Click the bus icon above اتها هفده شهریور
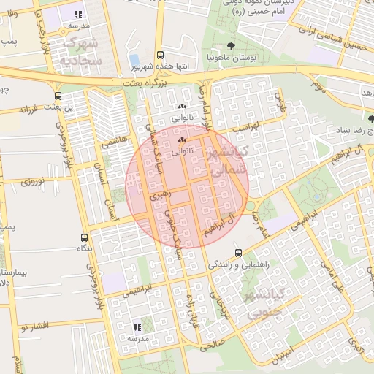(x=161, y=55)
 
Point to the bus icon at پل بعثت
(x=58, y=96)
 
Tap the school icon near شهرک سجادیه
(x=78, y=14)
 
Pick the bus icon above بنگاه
(x=85, y=238)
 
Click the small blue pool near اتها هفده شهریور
(x=134, y=59)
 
